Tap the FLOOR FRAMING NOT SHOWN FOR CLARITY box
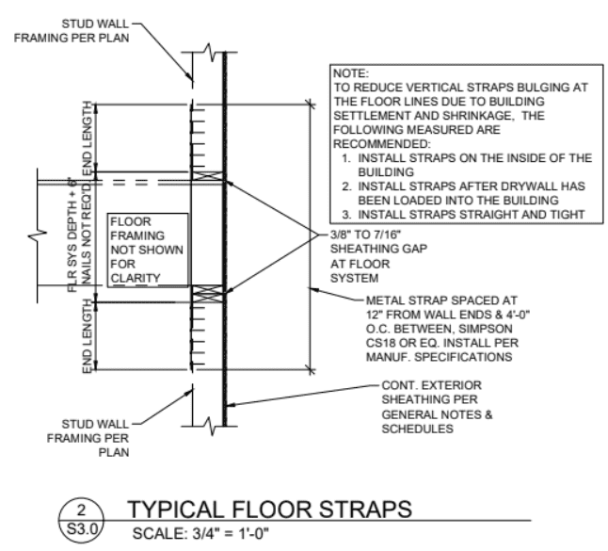[x=147, y=250]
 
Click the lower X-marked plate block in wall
[x=206, y=294]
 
